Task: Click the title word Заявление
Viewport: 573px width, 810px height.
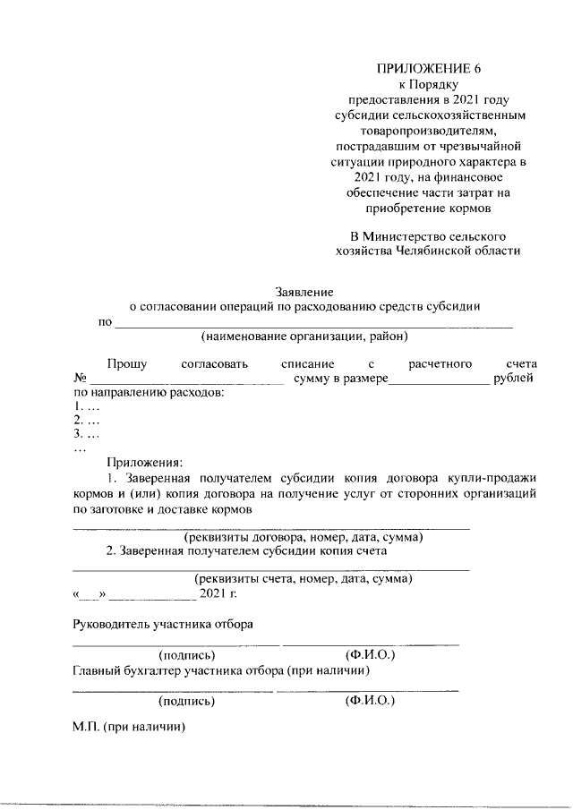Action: point(304,291)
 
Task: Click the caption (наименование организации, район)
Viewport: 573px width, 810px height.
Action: point(304,337)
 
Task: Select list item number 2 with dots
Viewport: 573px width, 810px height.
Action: point(86,420)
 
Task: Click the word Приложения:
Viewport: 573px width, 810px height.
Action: point(145,463)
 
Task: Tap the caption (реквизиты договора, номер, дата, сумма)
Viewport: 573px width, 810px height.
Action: point(304,538)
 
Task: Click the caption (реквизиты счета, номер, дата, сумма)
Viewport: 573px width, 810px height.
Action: point(304,579)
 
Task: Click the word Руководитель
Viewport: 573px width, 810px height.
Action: point(111,624)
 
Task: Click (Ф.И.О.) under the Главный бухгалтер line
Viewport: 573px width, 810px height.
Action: point(370,702)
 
